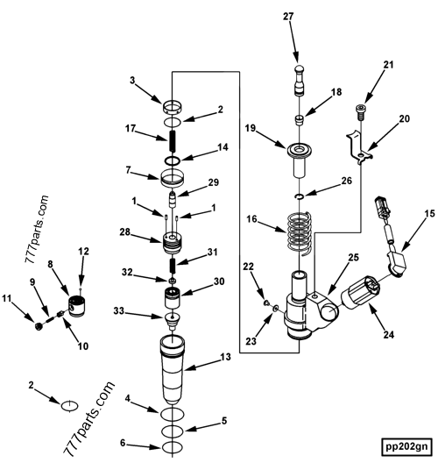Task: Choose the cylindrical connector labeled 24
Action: (359, 295)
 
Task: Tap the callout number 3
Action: (132, 80)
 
